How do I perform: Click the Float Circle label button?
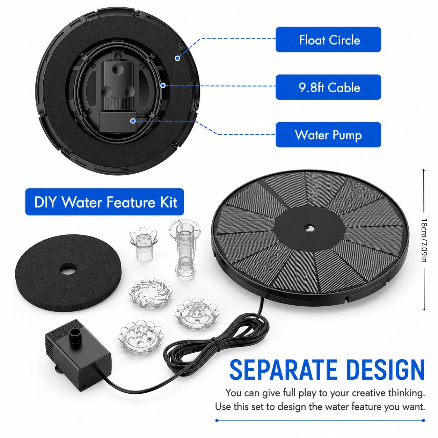(x=328, y=39)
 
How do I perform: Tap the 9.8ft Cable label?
(x=328, y=87)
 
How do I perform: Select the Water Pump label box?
(x=328, y=134)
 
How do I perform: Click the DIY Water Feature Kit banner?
(x=104, y=202)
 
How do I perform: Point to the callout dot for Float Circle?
(x=177, y=58)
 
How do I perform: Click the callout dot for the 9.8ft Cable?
(x=163, y=86)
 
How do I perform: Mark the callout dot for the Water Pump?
(x=133, y=121)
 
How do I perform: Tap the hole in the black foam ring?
(x=68, y=270)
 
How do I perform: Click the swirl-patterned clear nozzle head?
(x=150, y=293)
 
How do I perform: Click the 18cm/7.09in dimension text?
(x=423, y=240)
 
